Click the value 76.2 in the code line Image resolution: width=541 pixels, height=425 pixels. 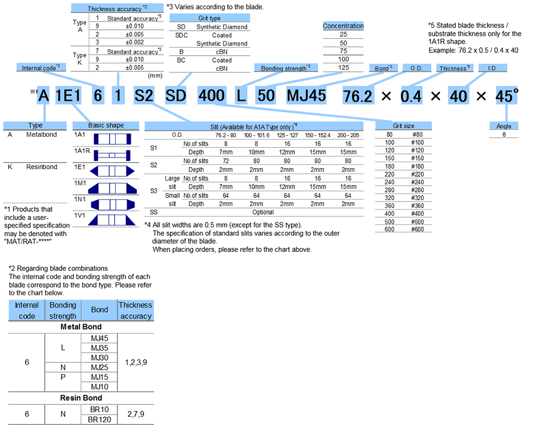[x=358, y=96]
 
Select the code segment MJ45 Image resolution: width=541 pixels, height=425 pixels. [x=306, y=96]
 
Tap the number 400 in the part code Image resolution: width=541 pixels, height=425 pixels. [x=211, y=96]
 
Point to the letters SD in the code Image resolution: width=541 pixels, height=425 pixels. [x=176, y=96]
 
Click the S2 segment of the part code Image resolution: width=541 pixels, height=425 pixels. [x=143, y=96]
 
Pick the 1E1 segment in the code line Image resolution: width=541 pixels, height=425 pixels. [x=68, y=96]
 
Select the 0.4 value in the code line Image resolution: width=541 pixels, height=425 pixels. [x=411, y=96]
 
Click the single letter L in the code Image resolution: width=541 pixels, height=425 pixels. [x=241, y=96]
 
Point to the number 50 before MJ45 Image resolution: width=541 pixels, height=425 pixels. [x=266, y=96]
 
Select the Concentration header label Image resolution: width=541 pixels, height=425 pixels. [x=343, y=26]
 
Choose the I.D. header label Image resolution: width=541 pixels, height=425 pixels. [x=492, y=69]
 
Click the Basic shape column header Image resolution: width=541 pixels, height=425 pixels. [x=105, y=125]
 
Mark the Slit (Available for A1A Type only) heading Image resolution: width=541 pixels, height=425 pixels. [x=254, y=125]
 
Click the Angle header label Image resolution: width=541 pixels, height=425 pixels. [x=504, y=127]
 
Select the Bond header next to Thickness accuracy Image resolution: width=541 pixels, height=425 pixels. [x=100, y=310]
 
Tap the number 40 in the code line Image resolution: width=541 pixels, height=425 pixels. [x=458, y=96]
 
